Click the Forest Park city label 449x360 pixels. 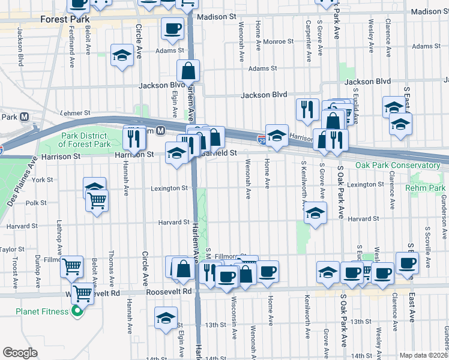[64, 19]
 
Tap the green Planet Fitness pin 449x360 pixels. [76, 311]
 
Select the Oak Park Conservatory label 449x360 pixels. [397, 165]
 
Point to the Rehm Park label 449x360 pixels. [430, 188]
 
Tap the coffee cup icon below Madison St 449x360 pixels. [172, 28]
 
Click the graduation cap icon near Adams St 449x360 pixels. [122, 56]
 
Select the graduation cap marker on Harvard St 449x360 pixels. [315, 213]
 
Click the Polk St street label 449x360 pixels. [36, 203]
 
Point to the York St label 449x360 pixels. [43, 179]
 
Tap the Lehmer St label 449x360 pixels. [75, 112]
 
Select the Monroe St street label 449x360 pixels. [277, 42]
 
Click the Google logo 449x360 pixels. [20, 353]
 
